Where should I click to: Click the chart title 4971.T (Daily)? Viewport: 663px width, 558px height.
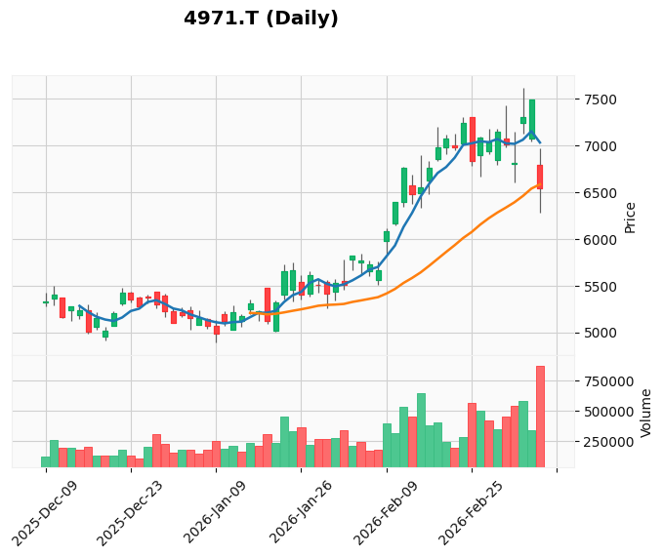261,19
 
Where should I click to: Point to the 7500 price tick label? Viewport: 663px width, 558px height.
600,100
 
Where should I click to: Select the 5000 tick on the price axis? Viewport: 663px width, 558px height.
600,334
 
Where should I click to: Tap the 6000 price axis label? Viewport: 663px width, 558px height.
600,240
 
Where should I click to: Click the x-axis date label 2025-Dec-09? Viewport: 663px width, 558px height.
45,514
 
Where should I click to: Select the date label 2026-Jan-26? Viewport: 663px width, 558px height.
301,512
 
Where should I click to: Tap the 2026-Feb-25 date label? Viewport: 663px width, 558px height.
471,513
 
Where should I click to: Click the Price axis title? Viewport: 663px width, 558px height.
630,218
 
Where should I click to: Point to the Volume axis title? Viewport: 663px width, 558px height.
645,414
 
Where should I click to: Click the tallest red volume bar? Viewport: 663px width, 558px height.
540,417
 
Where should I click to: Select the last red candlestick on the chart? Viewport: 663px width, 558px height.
540,177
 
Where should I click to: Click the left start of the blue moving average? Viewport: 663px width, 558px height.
79,305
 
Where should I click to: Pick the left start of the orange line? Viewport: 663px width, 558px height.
250,313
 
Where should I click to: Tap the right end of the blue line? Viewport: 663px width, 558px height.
540,143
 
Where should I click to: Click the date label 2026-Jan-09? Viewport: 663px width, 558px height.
216,512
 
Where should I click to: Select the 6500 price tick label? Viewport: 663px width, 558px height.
600,193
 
